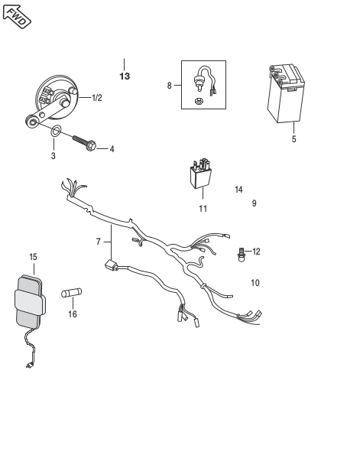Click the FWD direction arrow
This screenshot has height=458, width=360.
tap(17, 16)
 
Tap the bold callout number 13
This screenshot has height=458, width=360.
tap(125, 76)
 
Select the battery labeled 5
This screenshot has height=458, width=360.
tap(286, 93)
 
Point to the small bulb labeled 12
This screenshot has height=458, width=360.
tap(242, 255)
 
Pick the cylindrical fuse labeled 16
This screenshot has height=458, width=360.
tap(72, 292)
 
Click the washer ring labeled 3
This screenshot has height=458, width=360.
tap(56, 131)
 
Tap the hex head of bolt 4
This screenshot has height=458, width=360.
tap(92, 146)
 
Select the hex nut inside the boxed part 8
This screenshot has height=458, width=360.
tap(198, 101)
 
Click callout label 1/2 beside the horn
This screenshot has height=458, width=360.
tap(97, 98)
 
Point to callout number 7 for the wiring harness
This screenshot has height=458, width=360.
tap(99, 242)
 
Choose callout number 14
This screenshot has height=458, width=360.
tap(238, 190)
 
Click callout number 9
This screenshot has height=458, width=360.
tap(255, 203)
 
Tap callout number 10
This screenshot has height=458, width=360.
tap(255, 283)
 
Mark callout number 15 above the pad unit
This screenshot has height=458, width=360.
tap(34, 257)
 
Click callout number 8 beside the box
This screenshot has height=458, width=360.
tap(170, 86)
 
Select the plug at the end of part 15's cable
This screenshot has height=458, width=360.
tap(29, 365)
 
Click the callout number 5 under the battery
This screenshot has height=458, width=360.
tap(294, 139)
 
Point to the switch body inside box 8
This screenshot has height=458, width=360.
tap(199, 82)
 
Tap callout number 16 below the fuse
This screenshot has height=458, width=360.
tap(73, 314)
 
